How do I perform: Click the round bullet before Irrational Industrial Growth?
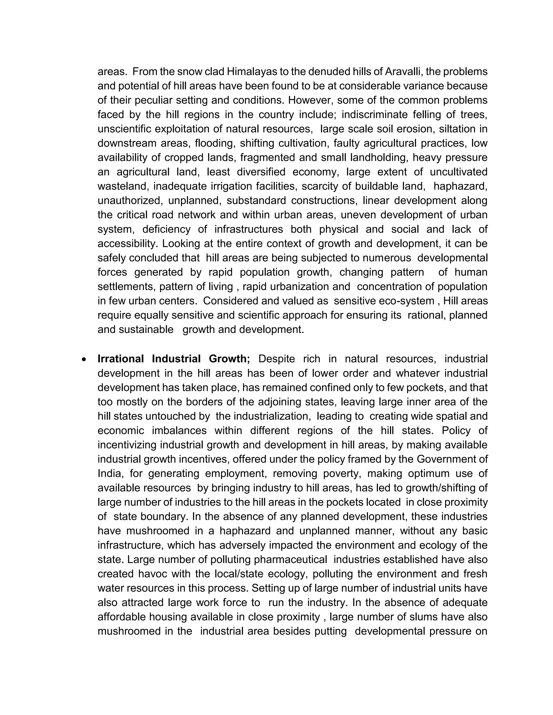click(84, 359)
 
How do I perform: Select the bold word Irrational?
click(120, 359)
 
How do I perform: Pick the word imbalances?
click(179, 431)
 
